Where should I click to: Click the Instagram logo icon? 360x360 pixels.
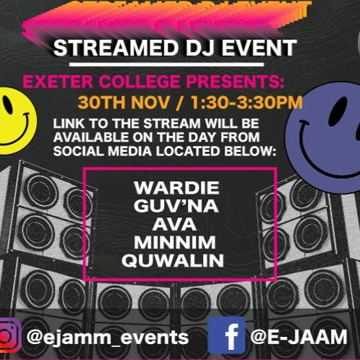pos(7,336)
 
